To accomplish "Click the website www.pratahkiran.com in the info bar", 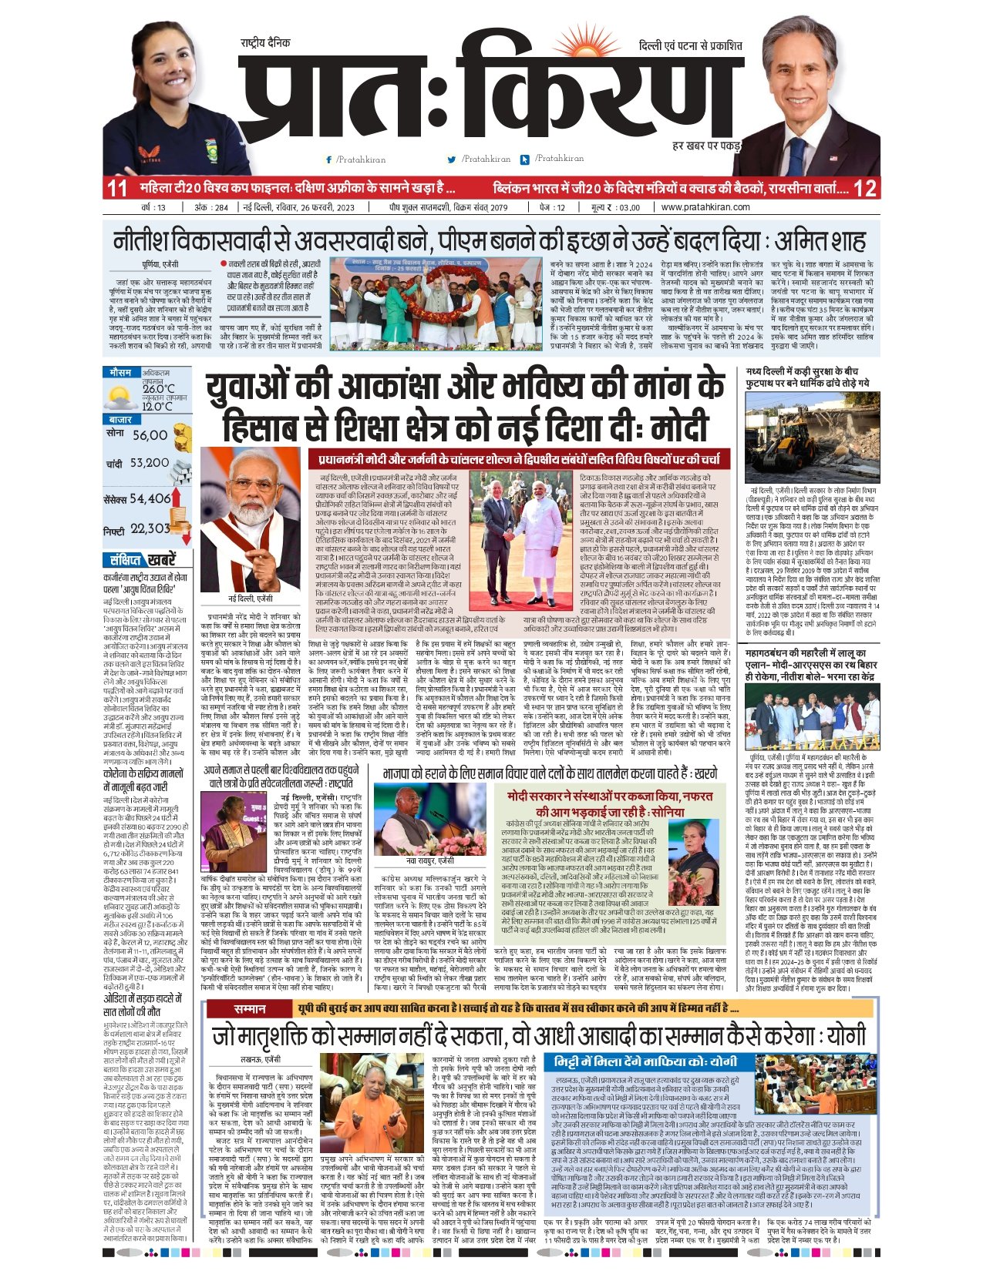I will (705, 207).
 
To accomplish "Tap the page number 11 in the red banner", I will (116, 188).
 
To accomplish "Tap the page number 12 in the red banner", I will (865, 188).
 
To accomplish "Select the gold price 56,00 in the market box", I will (150, 435).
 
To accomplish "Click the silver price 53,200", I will (150, 463).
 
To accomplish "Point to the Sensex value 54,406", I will (150, 498).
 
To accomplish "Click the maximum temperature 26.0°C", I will (158, 389).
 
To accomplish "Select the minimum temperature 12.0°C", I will (157, 406).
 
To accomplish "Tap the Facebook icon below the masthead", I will (329, 159).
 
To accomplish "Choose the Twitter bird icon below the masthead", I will (452, 159).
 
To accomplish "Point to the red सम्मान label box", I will (251, 1008).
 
